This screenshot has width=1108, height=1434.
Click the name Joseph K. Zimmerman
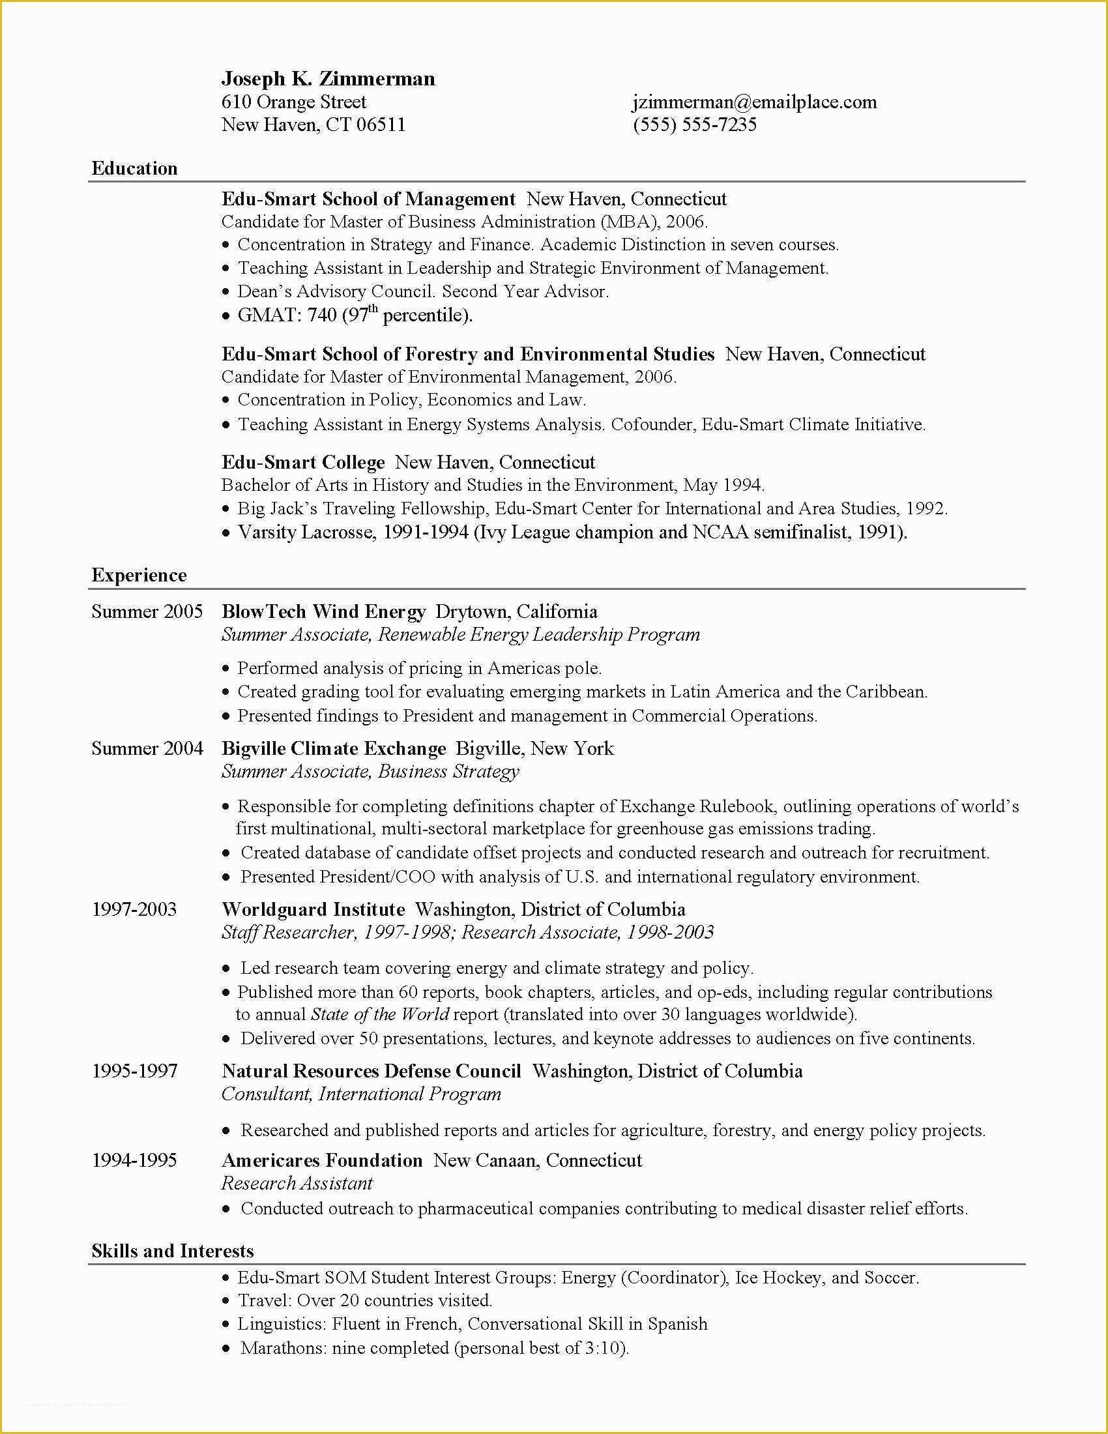pyautogui.click(x=328, y=79)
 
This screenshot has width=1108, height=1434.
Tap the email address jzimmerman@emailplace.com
pyautogui.click(x=754, y=102)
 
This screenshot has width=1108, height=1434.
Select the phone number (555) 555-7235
pyautogui.click(x=695, y=124)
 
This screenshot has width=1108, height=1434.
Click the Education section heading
pyautogui.click(x=134, y=168)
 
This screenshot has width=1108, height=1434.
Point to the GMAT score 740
pyautogui.click(x=321, y=315)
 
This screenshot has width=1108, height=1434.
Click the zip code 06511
pyautogui.click(x=381, y=124)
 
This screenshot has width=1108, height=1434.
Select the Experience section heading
pyautogui.click(x=139, y=575)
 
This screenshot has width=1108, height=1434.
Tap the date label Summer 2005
pyautogui.click(x=147, y=611)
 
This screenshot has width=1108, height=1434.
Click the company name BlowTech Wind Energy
pyautogui.click(x=324, y=611)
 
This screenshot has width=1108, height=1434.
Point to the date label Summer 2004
pyautogui.click(x=147, y=748)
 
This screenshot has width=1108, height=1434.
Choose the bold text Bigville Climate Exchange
pyautogui.click(x=334, y=748)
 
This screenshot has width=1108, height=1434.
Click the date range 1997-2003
pyautogui.click(x=134, y=909)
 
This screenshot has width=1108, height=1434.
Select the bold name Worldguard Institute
pyautogui.click(x=313, y=909)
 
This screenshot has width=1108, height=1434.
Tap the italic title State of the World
pyautogui.click(x=379, y=1014)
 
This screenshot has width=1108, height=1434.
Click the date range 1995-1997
pyautogui.click(x=134, y=1071)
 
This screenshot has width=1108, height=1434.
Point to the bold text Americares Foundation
pyautogui.click(x=321, y=1160)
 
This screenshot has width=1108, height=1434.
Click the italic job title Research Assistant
pyautogui.click(x=297, y=1183)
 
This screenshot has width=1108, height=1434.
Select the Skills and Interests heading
pyautogui.click(x=173, y=1251)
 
